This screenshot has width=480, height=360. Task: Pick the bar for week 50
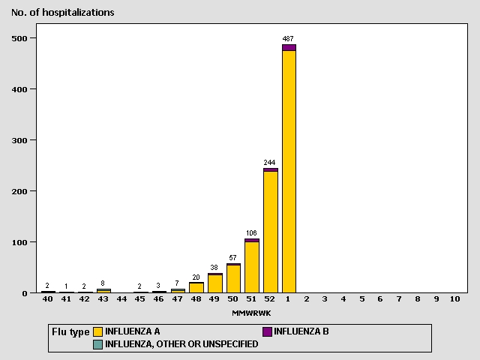click(233, 278)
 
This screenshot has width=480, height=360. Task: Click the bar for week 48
click(196, 287)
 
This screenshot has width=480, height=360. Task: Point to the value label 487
click(289, 38)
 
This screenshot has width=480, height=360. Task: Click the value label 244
click(270, 162)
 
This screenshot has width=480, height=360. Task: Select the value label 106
click(252, 232)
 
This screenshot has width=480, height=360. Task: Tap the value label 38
click(214, 268)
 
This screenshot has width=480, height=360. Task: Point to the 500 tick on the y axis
click(25, 38)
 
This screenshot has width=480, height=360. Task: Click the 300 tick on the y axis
click(25, 140)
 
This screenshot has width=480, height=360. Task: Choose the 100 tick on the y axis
click(25, 242)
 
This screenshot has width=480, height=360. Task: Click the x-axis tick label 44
click(122, 299)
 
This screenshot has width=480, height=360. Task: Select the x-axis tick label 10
click(454, 299)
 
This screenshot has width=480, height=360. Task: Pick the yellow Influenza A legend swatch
click(98, 331)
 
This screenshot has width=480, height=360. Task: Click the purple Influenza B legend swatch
click(267, 331)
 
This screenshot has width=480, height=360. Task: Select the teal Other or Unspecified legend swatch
click(98, 344)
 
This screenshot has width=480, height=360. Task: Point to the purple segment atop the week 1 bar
click(289, 47)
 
